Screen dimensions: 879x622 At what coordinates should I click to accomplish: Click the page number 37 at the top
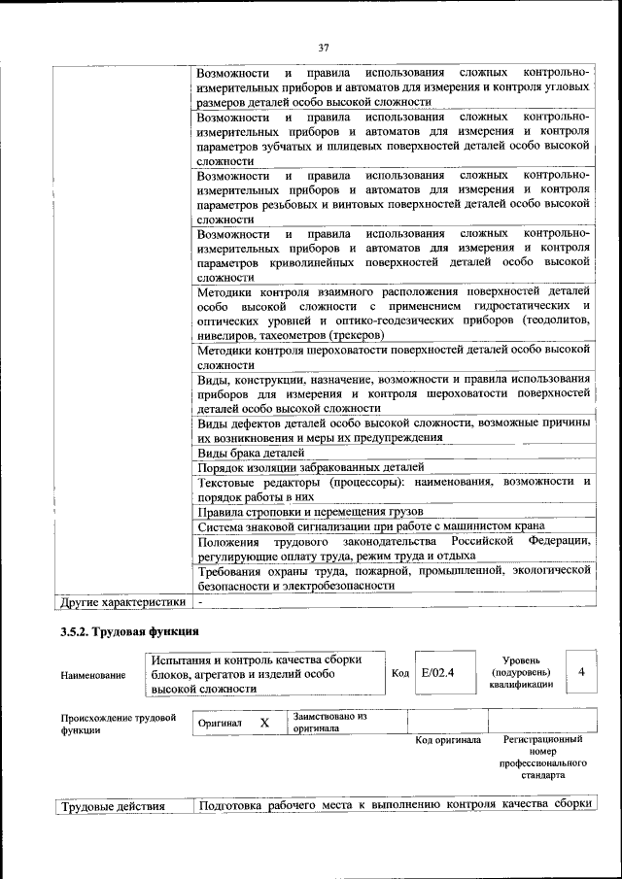click(x=325, y=48)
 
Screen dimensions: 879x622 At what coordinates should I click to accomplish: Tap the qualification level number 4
click(x=581, y=671)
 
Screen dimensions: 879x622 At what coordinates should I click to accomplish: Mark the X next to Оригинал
click(x=263, y=724)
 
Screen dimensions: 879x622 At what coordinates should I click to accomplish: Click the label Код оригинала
click(x=448, y=740)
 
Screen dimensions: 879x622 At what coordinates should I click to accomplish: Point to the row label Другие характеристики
click(x=122, y=602)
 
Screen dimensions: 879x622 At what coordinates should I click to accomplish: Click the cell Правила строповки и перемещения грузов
click(x=310, y=511)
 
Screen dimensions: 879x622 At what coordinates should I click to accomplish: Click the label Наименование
click(x=92, y=674)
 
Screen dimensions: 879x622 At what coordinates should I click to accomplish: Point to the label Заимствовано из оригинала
click(x=329, y=722)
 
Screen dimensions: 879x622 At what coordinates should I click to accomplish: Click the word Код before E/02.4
click(x=399, y=672)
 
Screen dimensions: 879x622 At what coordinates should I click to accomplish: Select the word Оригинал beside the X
click(x=220, y=724)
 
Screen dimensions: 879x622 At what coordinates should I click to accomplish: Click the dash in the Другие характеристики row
click(x=200, y=602)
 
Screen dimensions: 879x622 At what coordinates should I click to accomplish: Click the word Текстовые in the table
click(x=227, y=482)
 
